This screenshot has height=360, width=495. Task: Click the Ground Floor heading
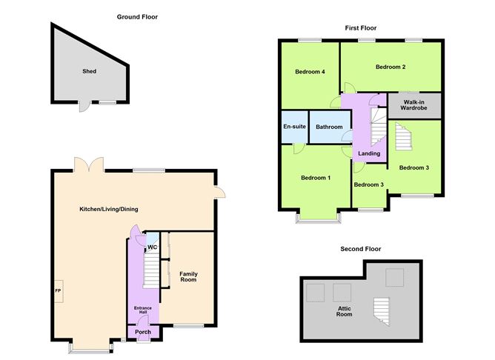(137, 17)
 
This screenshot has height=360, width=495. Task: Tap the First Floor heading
(361, 28)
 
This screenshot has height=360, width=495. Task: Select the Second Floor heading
(361, 249)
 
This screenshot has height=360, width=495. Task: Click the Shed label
(90, 71)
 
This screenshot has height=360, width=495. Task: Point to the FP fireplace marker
(58, 291)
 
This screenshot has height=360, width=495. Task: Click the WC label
(152, 247)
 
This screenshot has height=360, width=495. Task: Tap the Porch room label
(143, 332)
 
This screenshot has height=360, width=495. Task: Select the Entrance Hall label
(143, 310)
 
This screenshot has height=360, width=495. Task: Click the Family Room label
(188, 277)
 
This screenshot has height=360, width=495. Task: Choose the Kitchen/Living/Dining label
(109, 209)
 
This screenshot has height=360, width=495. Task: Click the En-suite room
(294, 127)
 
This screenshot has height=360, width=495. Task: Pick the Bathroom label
(329, 127)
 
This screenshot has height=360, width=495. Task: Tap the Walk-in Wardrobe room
(414, 105)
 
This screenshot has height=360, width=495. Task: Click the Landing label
(369, 153)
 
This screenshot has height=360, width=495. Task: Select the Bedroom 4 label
(310, 72)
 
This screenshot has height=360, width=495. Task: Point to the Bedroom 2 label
(391, 67)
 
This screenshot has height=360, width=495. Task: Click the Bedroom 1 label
(316, 178)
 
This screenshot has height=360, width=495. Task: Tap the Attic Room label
(344, 311)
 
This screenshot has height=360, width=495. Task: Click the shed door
(84, 107)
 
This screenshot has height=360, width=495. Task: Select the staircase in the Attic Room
(382, 312)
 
